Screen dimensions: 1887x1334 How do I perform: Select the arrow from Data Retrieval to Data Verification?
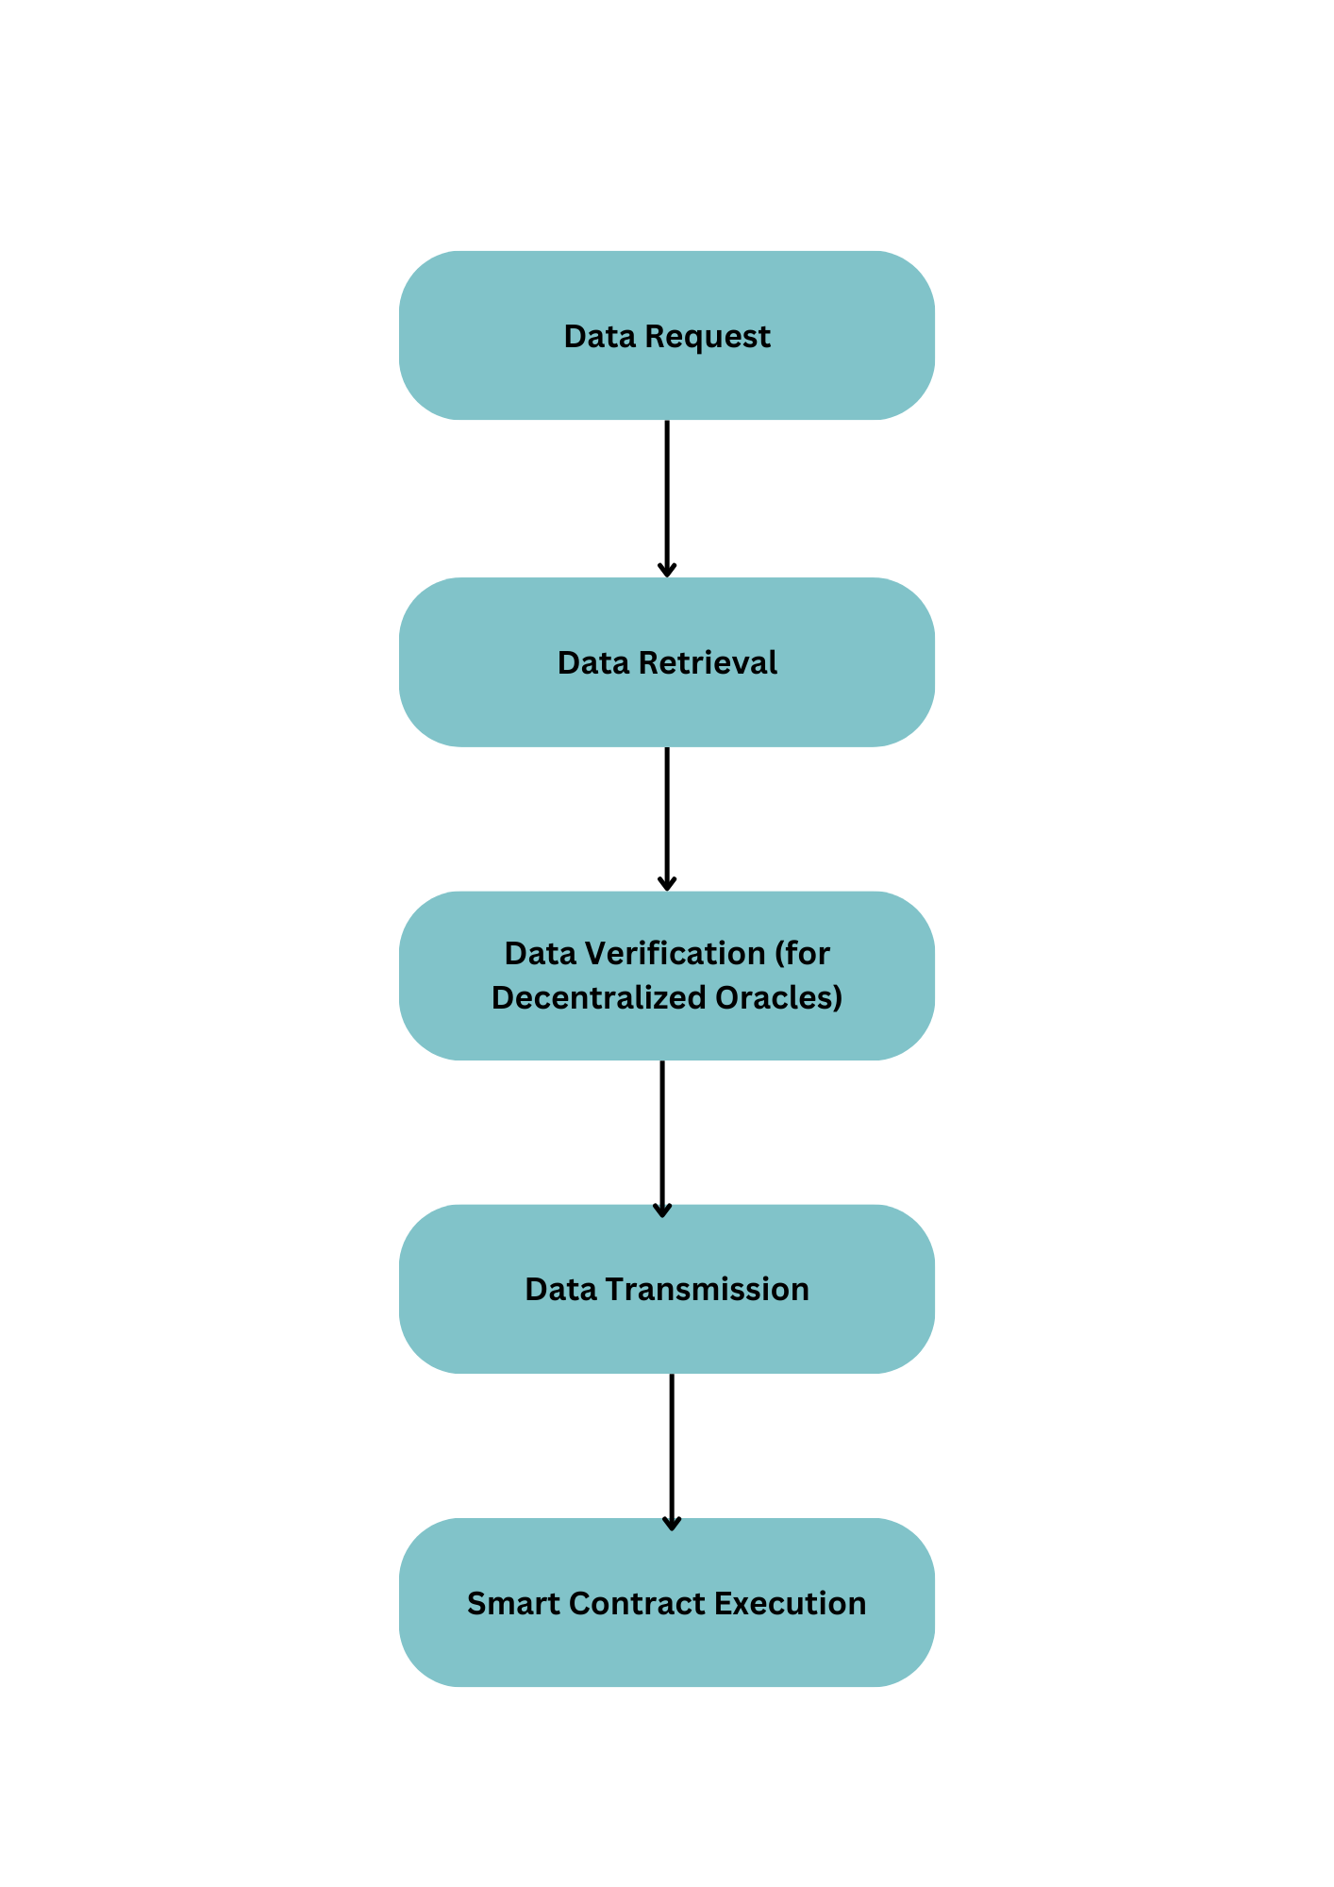tap(667, 816)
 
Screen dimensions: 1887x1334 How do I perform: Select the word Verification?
tap(675, 954)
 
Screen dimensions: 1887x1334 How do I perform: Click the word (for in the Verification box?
tap(802, 954)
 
